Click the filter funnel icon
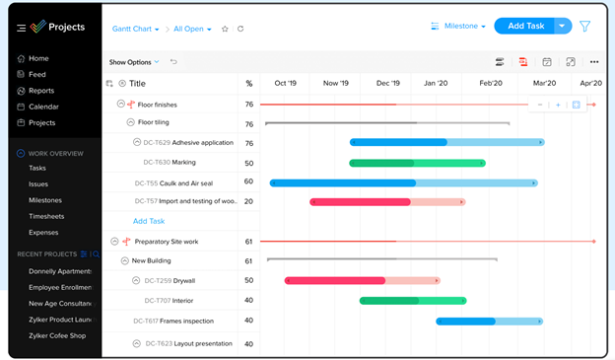click(584, 27)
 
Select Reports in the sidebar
click(40, 91)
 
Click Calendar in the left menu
click(42, 107)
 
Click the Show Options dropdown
click(134, 62)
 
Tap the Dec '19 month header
click(387, 84)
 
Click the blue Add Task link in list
click(149, 221)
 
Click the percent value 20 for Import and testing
click(249, 202)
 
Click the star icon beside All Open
click(225, 30)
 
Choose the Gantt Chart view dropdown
click(135, 30)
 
